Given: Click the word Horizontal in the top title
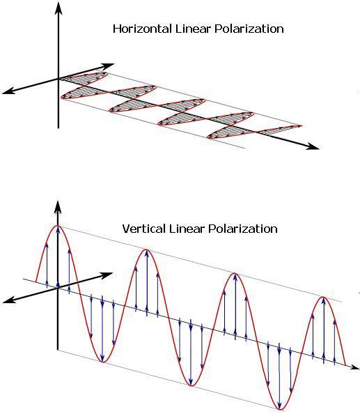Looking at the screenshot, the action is (x=143, y=29).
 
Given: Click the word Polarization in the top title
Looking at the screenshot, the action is (x=249, y=29).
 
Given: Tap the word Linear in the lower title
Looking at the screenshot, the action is (x=187, y=229).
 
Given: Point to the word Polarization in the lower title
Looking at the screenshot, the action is (x=243, y=229).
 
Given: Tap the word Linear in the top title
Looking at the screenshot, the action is (x=193, y=29).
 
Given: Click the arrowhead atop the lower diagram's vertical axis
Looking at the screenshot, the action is (x=58, y=207).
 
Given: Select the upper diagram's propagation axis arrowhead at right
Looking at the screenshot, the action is (x=313, y=147).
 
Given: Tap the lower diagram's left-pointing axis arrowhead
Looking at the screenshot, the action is (x=8, y=300).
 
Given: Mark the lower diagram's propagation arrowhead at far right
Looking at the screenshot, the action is (x=355, y=367).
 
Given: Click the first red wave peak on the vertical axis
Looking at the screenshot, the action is (x=58, y=226).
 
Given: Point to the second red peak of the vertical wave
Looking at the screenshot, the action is (x=146, y=250).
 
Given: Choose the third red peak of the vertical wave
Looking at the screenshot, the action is (x=234, y=273).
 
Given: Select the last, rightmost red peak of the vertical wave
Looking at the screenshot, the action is (x=323, y=298).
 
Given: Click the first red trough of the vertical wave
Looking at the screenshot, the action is (x=103, y=361).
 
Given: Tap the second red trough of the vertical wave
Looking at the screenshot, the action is (x=191, y=385).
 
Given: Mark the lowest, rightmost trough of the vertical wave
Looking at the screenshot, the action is (x=280, y=409).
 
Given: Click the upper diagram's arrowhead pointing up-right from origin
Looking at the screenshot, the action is (x=108, y=66).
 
